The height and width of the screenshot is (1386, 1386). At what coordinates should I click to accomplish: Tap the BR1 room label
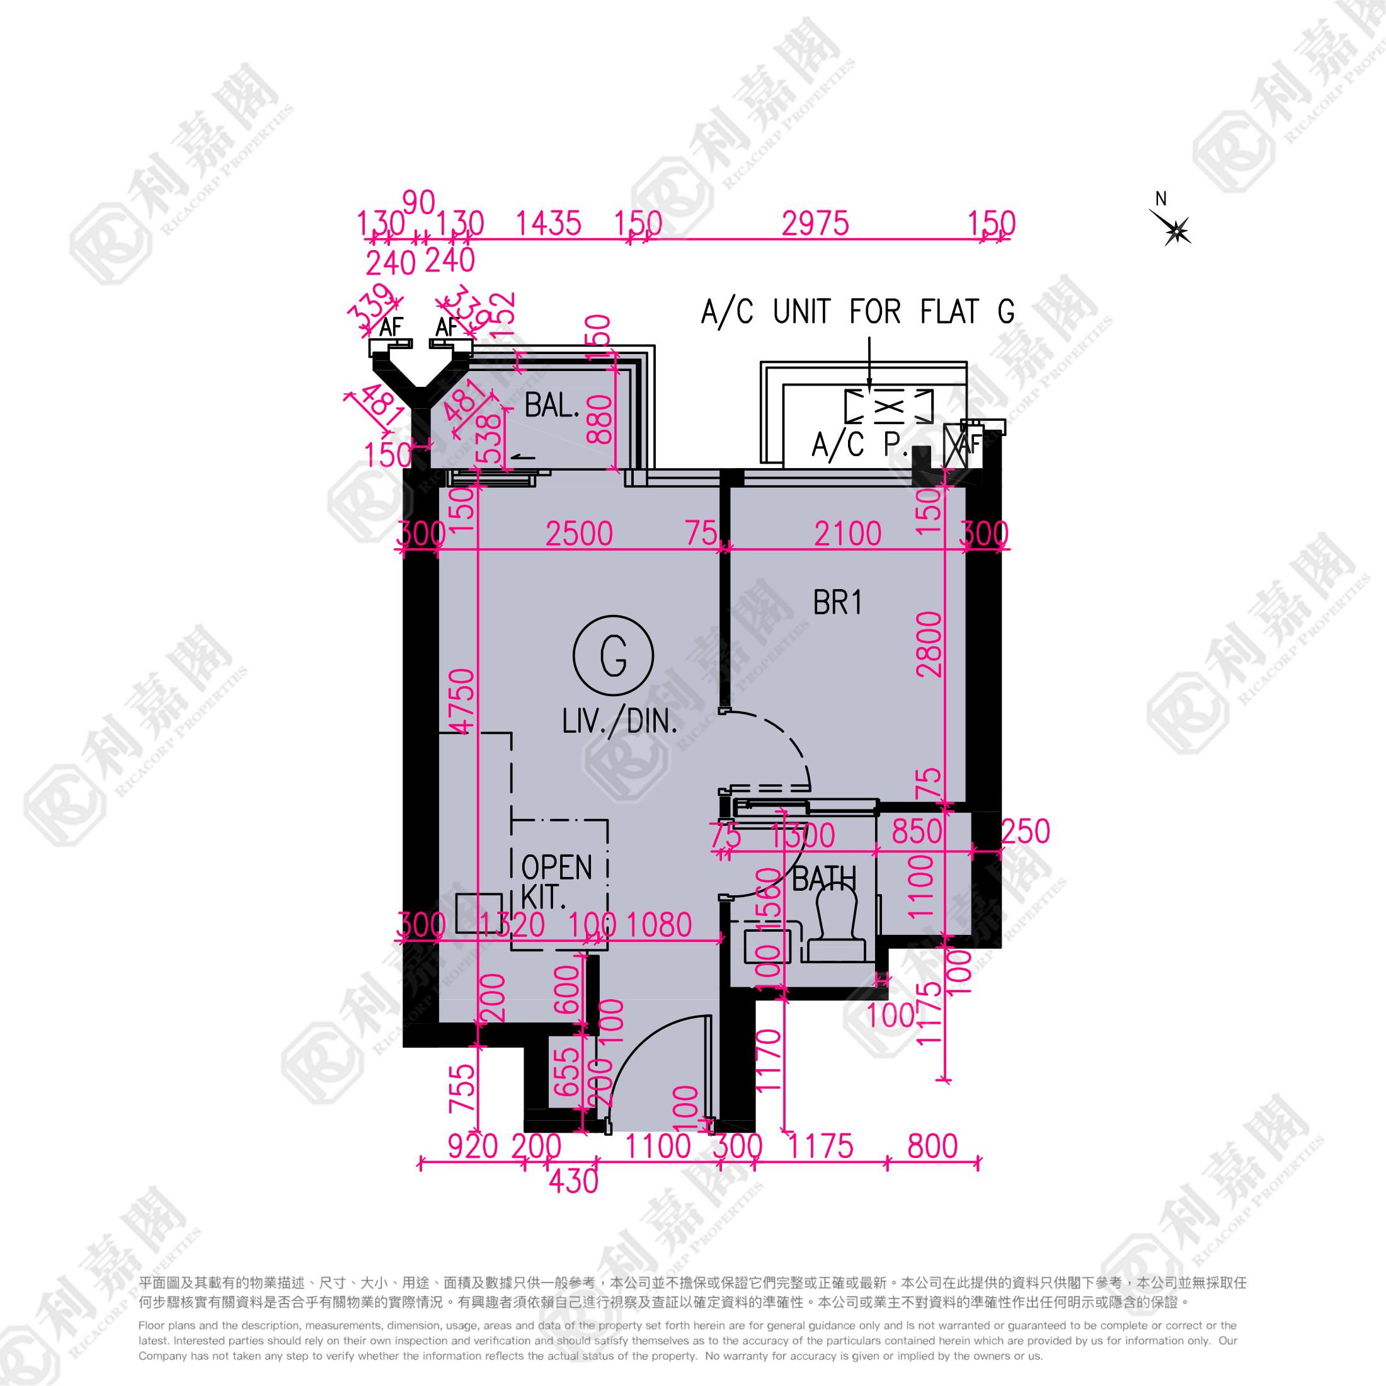pos(837,603)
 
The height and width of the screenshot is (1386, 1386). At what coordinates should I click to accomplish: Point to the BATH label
pos(823,878)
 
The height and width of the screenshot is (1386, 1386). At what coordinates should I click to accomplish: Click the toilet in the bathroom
pos(837,925)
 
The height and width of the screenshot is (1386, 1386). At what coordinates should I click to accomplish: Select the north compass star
pos(1176,231)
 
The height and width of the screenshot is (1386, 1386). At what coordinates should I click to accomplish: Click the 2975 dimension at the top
pos(815,224)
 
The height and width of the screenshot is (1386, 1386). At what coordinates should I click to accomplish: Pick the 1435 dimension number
pos(548,224)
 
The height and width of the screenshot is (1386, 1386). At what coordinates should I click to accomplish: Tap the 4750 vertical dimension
pos(462,701)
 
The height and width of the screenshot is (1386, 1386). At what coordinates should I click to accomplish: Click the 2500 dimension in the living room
pos(579,534)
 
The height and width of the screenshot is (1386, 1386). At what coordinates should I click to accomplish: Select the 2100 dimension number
pos(847,534)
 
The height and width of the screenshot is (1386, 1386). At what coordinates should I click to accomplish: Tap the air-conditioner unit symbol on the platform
pos(889,407)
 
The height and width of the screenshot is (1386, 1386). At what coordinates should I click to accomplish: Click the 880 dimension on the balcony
pos(600,420)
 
